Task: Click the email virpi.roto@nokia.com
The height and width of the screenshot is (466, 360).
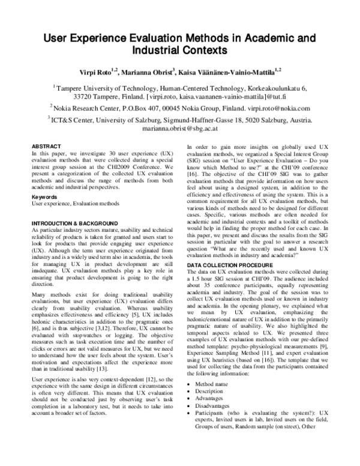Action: pyautogui.click(x=279, y=109)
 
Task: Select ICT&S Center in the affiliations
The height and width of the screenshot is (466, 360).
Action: pyautogui.click(x=74, y=120)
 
